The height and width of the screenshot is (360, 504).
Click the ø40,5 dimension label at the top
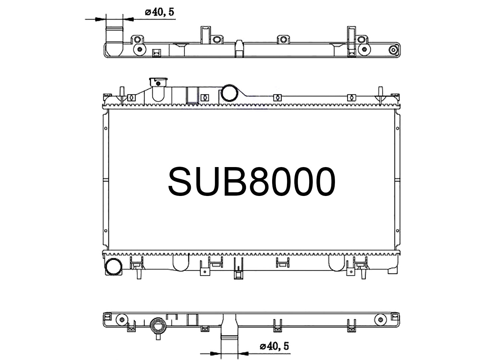click(x=160, y=12)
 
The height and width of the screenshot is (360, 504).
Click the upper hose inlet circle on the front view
click(x=229, y=93)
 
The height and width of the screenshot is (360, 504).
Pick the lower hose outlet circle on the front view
click(x=114, y=267)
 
